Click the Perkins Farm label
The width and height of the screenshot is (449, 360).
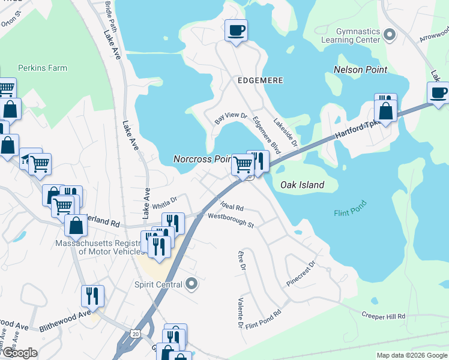click(x=42, y=68)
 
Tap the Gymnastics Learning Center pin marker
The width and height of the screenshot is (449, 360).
click(x=390, y=35)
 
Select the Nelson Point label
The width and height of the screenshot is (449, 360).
click(x=360, y=70)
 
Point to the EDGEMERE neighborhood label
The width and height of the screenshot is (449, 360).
click(x=260, y=80)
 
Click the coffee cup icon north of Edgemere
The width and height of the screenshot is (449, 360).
click(x=236, y=30)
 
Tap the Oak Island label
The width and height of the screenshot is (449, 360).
click(x=302, y=185)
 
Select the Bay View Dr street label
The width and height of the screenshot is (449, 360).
click(x=231, y=118)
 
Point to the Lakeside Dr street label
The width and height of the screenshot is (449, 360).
click(x=286, y=132)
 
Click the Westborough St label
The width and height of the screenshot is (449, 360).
click(x=231, y=220)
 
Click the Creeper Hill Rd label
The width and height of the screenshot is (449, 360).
click(x=383, y=316)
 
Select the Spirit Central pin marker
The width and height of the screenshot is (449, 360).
click(x=191, y=283)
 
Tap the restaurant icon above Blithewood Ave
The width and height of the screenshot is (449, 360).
click(x=93, y=296)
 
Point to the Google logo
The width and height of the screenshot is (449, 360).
click(x=19, y=353)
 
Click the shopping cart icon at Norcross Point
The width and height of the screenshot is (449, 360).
click(x=243, y=164)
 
